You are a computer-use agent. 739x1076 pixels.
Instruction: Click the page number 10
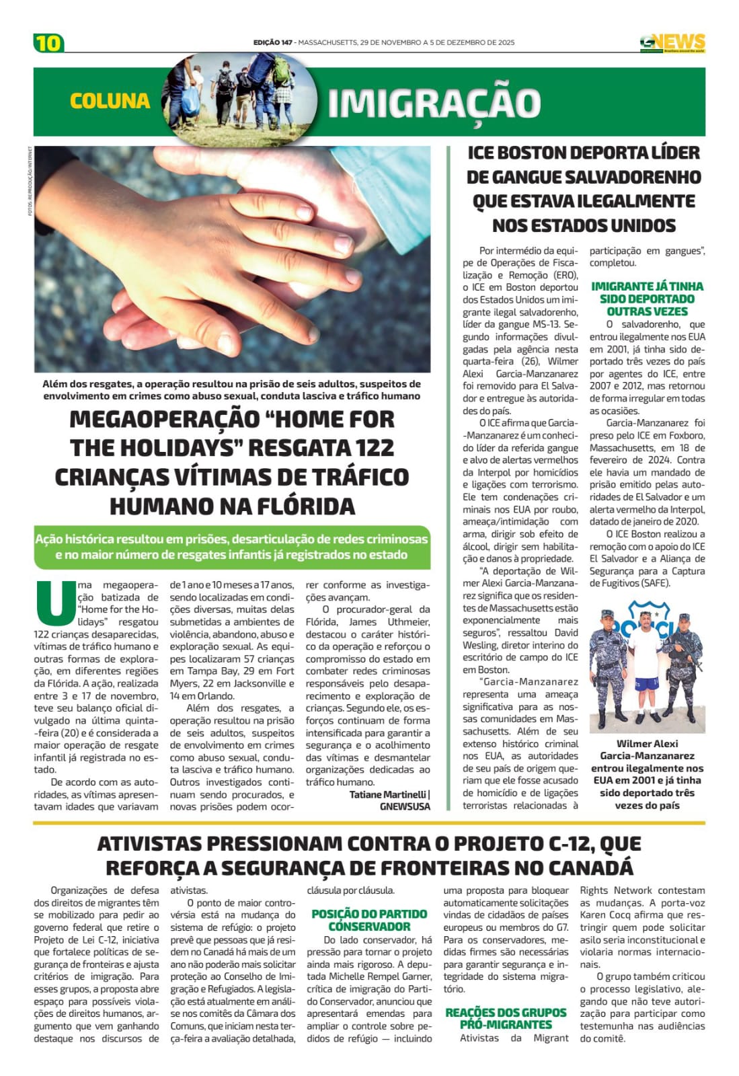48,43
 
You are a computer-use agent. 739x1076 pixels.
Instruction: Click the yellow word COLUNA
110,101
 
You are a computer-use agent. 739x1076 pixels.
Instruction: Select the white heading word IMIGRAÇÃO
434,103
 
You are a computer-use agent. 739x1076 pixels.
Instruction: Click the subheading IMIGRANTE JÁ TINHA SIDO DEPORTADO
647,293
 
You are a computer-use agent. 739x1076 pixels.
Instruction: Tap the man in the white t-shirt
646,667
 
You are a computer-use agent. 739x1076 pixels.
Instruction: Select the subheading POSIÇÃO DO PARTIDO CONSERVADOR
369,919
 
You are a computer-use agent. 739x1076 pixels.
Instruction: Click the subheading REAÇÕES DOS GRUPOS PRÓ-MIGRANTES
506,1018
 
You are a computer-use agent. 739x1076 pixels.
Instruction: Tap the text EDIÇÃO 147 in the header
272,42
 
